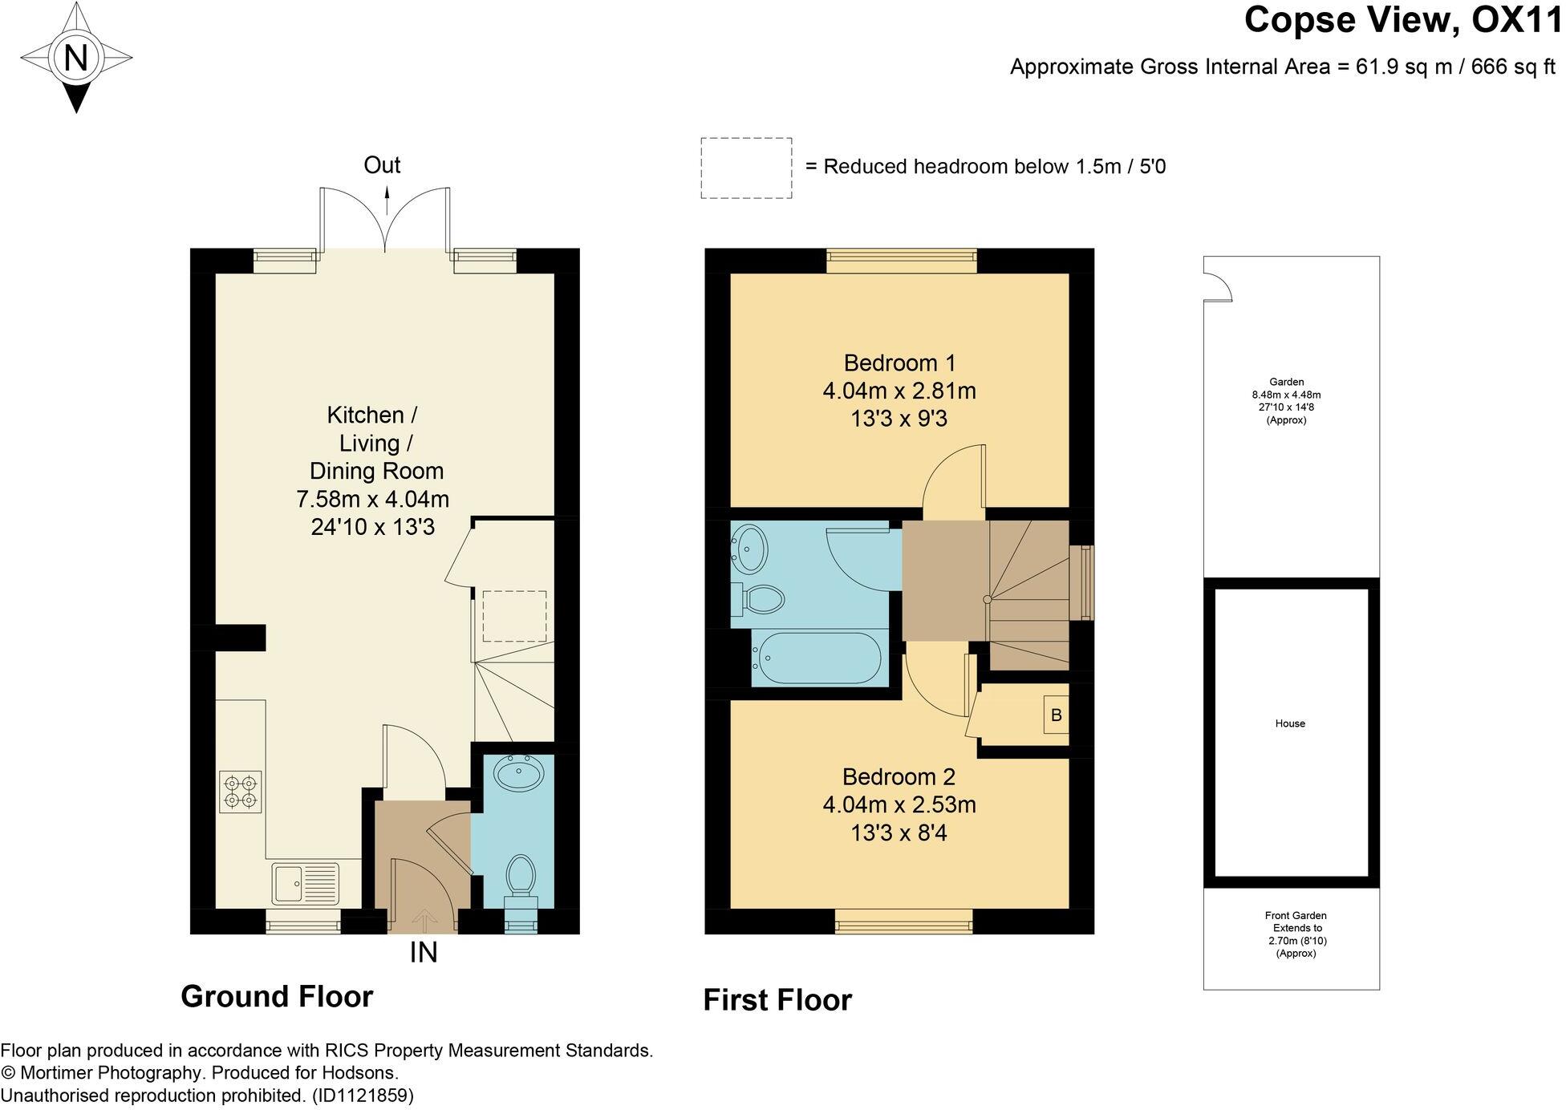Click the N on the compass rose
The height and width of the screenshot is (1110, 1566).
click(76, 58)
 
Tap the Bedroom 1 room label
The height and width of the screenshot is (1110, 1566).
click(899, 363)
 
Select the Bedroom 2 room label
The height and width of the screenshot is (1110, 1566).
click(899, 776)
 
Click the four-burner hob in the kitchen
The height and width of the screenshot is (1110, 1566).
click(241, 792)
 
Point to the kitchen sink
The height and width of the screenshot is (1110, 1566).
click(307, 884)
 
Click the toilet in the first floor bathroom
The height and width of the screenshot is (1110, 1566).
click(757, 599)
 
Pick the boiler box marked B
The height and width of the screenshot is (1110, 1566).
click(1056, 715)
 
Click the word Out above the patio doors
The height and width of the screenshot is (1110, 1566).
click(382, 165)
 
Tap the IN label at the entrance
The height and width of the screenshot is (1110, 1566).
click(424, 953)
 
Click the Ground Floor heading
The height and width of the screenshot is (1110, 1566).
click(277, 996)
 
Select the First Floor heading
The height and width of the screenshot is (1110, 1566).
click(777, 1000)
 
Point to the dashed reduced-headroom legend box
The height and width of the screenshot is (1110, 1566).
click(746, 168)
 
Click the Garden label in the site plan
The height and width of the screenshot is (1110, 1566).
click(1286, 382)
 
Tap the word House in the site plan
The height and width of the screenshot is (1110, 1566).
click(1290, 723)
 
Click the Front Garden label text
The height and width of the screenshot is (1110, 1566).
click(1296, 915)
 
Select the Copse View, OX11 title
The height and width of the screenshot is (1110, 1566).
click(1404, 20)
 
